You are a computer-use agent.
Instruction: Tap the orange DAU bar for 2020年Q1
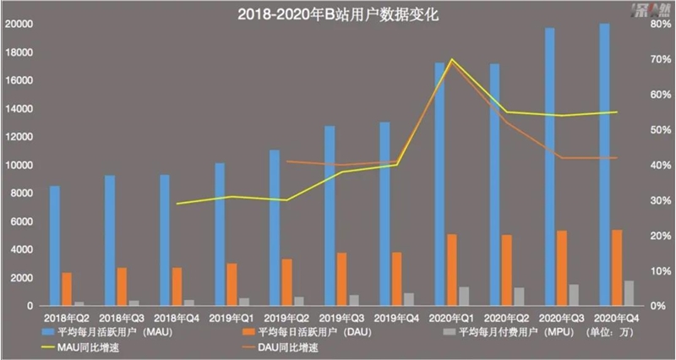click(x=452, y=270)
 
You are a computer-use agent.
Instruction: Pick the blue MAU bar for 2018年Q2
click(x=55, y=246)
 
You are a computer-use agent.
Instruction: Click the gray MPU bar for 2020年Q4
click(x=629, y=292)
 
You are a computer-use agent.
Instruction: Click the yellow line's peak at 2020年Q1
click(x=451, y=59)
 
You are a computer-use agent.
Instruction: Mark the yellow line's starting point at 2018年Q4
click(x=177, y=204)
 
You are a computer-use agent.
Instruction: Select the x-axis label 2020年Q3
click(x=561, y=317)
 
